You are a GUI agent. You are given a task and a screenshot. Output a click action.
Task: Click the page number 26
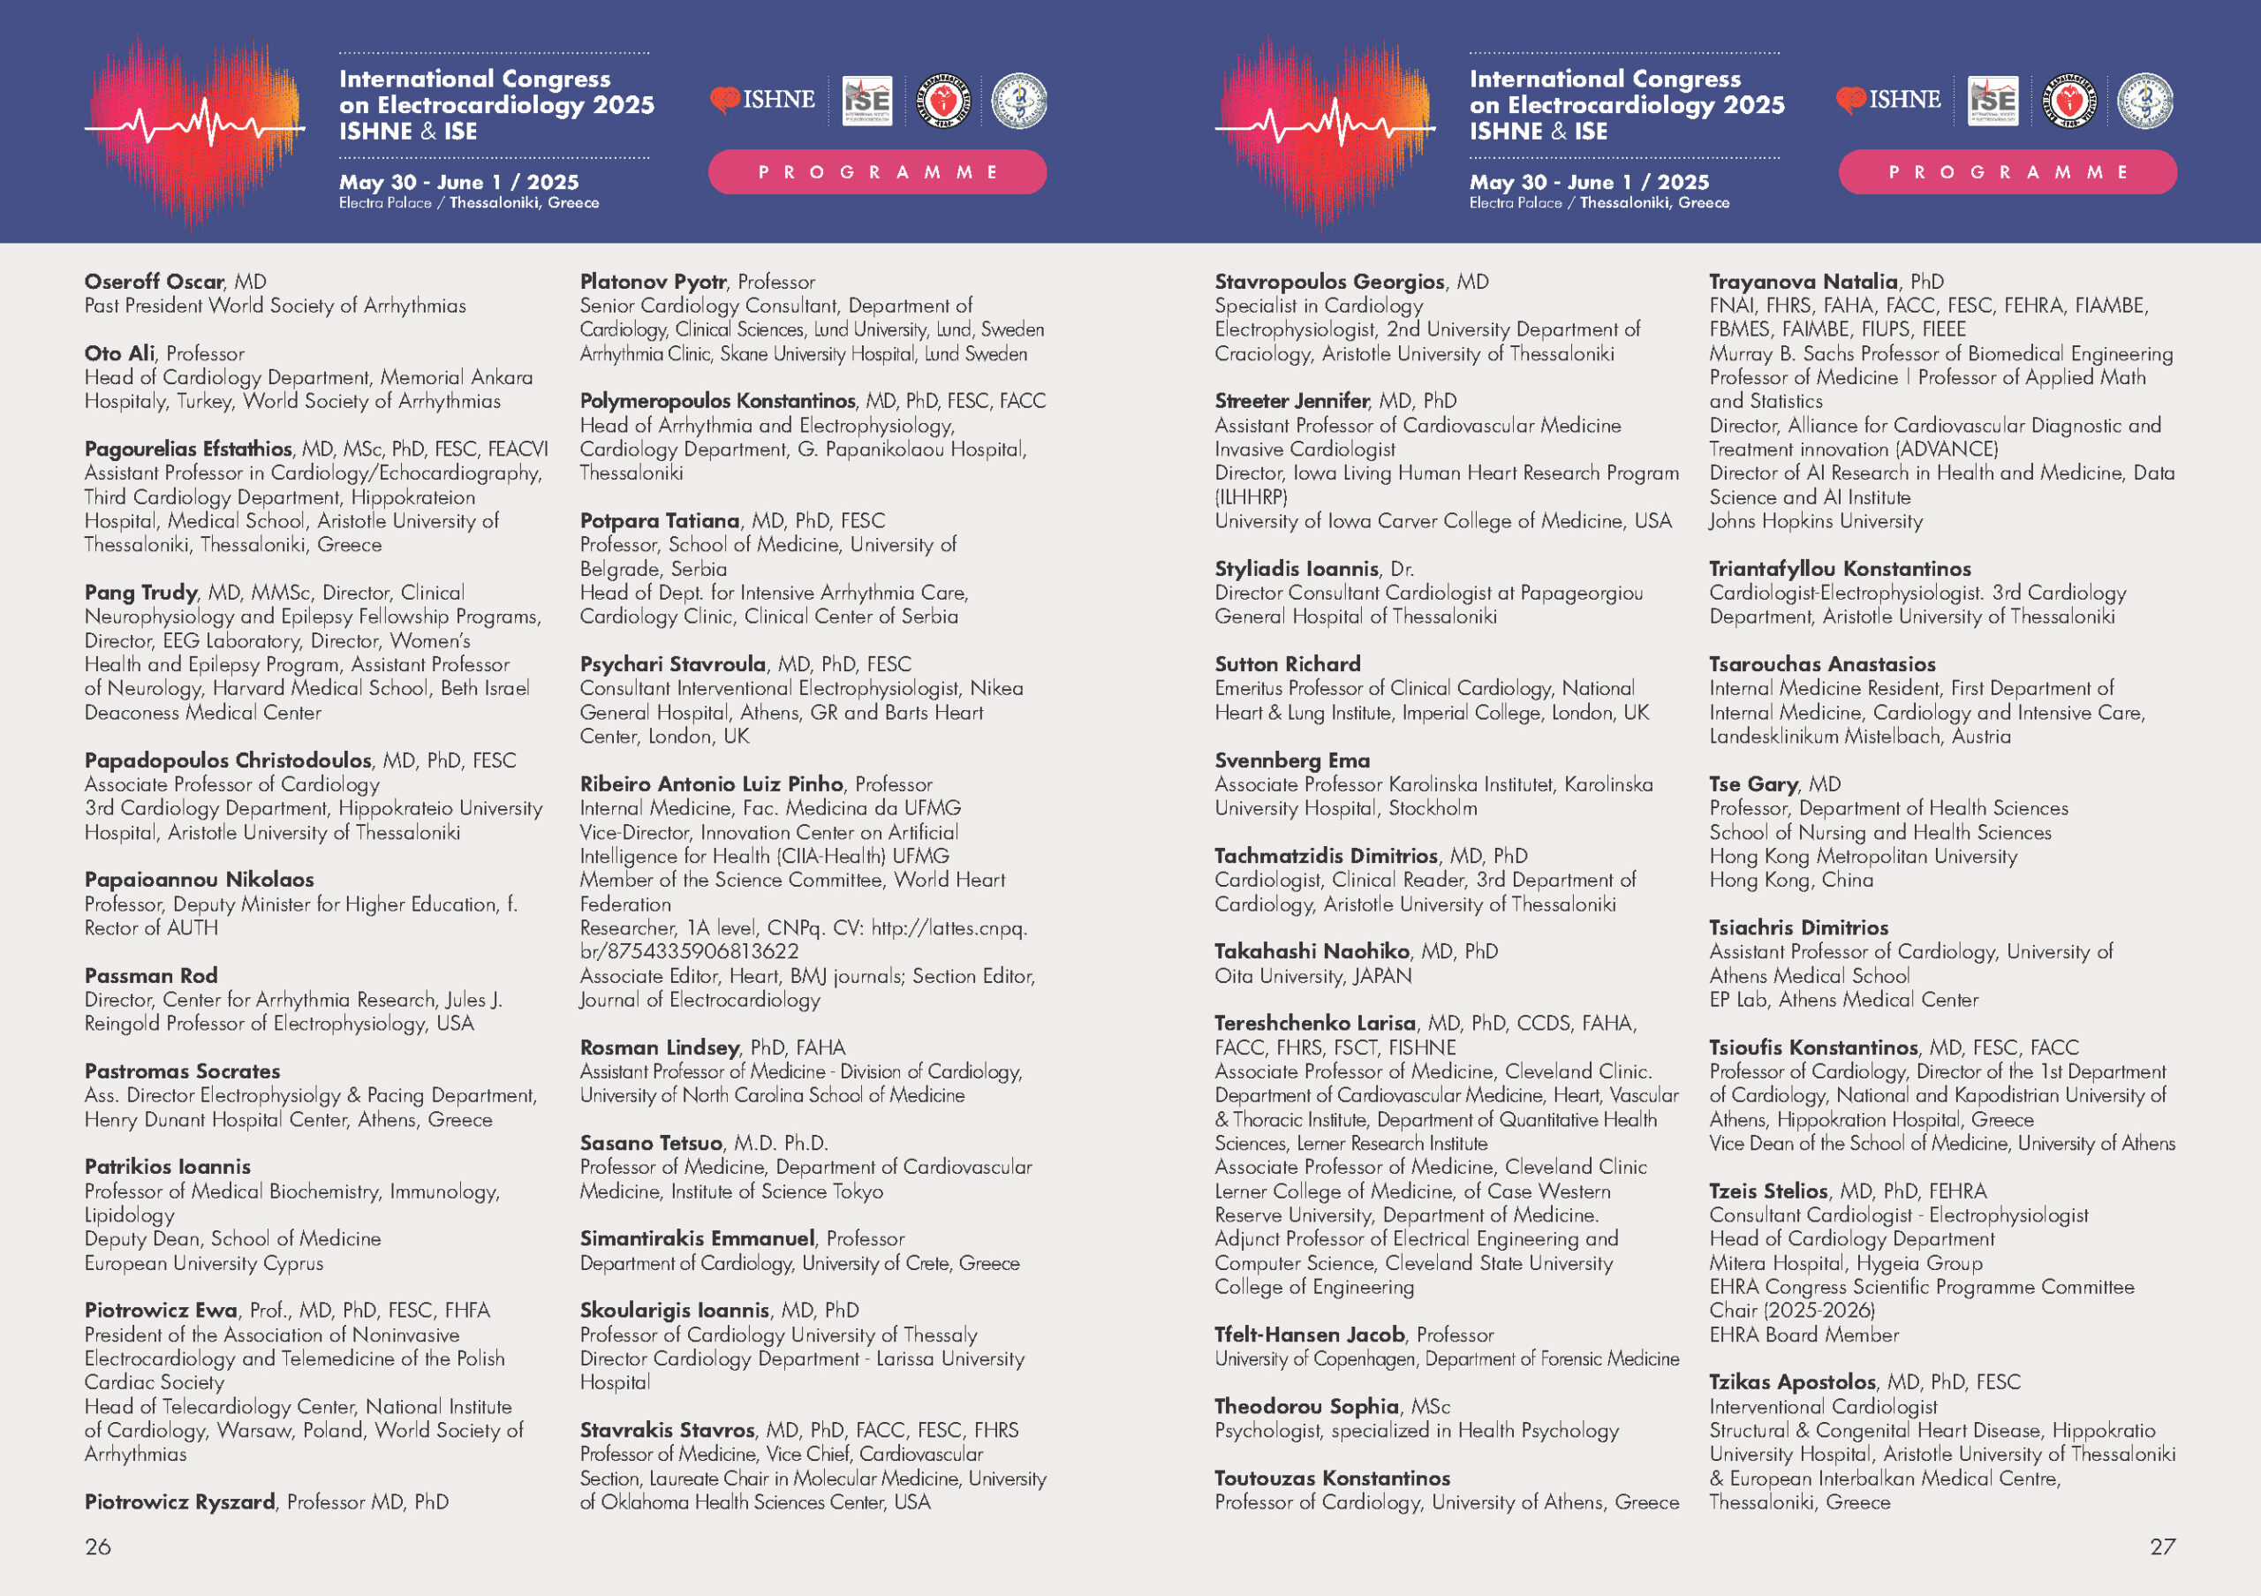(97, 1546)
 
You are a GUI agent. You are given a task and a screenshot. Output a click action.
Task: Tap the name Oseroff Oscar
(155, 282)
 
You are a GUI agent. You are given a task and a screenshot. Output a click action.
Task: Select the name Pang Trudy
(140, 593)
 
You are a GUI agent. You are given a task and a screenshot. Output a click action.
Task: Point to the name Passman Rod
(151, 976)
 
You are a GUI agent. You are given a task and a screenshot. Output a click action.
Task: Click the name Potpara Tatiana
(659, 521)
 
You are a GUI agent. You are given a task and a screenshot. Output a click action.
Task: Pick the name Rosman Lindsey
(659, 1048)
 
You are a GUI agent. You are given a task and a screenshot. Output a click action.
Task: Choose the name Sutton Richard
(1287, 664)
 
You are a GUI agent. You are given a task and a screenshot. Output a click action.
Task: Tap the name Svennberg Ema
(1292, 760)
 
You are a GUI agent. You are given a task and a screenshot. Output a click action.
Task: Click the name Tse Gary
(1753, 783)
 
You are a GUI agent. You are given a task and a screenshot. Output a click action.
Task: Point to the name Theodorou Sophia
(1305, 1406)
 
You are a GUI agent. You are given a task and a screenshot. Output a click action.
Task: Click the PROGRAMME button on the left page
(876, 172)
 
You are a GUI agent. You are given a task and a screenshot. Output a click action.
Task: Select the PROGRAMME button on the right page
(2007, 172)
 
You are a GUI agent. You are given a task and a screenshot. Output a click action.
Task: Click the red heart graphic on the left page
(195, 128)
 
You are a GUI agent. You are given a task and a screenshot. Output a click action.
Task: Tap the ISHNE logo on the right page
(1887, 100)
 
